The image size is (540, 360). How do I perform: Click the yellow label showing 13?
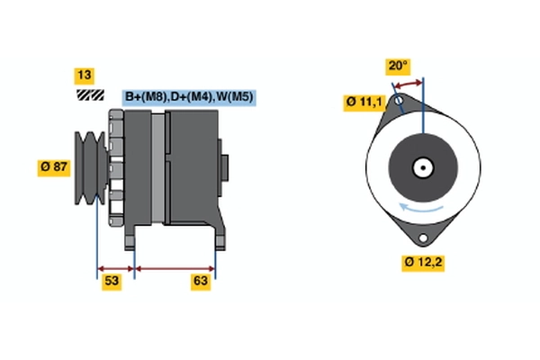click(85, 76)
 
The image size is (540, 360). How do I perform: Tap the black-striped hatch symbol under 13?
click(90, 95)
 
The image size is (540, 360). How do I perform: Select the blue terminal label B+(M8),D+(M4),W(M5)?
click(189, 97)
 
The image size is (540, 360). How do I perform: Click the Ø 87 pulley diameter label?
click(54, 167)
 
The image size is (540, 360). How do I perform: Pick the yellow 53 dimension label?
click(112, 282)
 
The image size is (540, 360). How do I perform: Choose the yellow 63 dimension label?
click(201, 282)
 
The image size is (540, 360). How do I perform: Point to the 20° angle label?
click(398, 67)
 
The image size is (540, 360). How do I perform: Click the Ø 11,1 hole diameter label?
click(364, 103)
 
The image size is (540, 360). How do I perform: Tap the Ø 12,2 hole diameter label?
click(423, 263)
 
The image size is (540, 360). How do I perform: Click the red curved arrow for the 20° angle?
click(408, 85)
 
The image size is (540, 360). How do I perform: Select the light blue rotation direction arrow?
click(421, 208)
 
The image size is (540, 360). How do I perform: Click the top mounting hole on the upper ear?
click(399, 101)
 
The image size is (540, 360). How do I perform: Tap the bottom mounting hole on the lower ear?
click(423, 238)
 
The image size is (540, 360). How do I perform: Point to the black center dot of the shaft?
click(423, 168)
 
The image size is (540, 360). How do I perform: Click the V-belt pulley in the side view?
click(91, 168)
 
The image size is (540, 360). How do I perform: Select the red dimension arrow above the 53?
click(116, 269)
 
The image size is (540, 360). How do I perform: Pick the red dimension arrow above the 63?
click(175, 269)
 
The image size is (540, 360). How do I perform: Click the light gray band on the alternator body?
click(158, 168)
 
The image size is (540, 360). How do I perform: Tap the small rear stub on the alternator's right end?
click(223, 167)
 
